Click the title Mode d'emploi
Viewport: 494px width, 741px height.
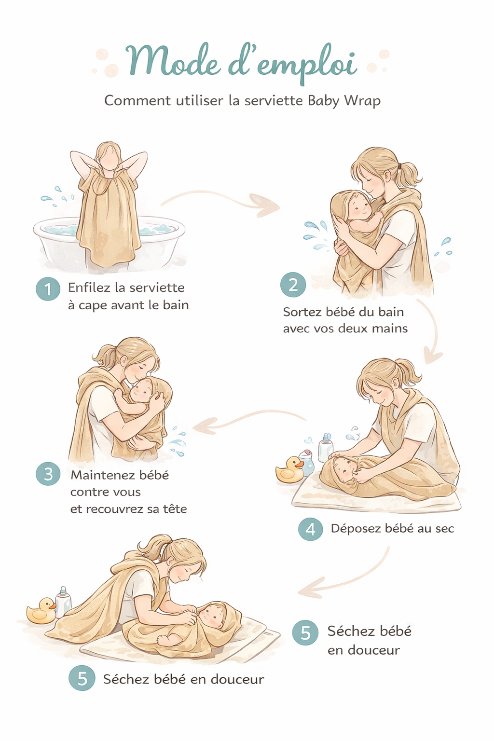pos(241,63)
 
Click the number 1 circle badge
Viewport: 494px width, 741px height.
pos(48,288)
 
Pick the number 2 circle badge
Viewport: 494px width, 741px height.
pos(293,285)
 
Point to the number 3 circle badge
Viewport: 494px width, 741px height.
pos(48,474)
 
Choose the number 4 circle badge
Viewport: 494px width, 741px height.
pos(310,529)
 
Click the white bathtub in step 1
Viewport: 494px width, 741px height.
pos(53,241)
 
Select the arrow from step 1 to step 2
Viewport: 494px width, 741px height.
pos(222,200)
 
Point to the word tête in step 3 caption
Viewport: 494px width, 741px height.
pos(175,509)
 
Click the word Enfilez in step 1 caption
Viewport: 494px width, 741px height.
pos(89,288)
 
